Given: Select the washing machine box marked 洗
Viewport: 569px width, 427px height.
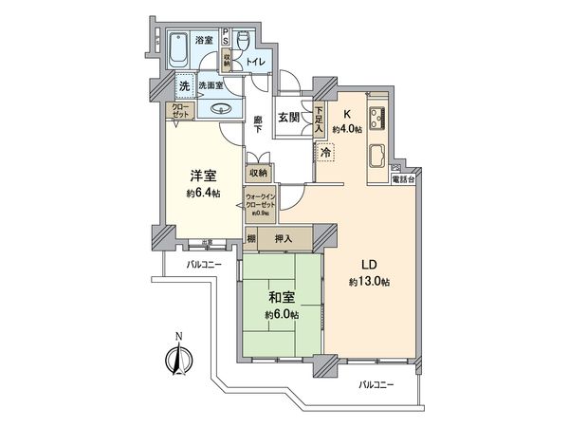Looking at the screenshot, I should point(184,86).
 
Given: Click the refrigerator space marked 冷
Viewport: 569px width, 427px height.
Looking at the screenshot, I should point(325,151).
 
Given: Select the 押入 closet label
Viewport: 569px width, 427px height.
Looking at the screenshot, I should point(282,239).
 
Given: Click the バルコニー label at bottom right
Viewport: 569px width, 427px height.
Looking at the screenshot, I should point(376,386).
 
